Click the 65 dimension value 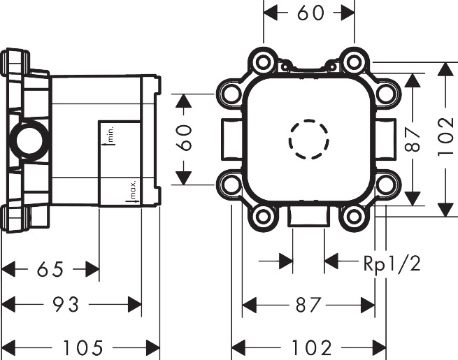(x=50, y=268)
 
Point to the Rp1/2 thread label (x=392, y=264)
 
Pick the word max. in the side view (x=131, y=189)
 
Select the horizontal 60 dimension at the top (x=308, y=13)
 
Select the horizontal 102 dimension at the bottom (x=308, y=347)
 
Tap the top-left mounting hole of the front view (x=263, y=62)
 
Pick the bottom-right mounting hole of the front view (x=354, y=217)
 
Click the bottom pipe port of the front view (x=308, y=216)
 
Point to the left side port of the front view (x=227, y=139)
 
